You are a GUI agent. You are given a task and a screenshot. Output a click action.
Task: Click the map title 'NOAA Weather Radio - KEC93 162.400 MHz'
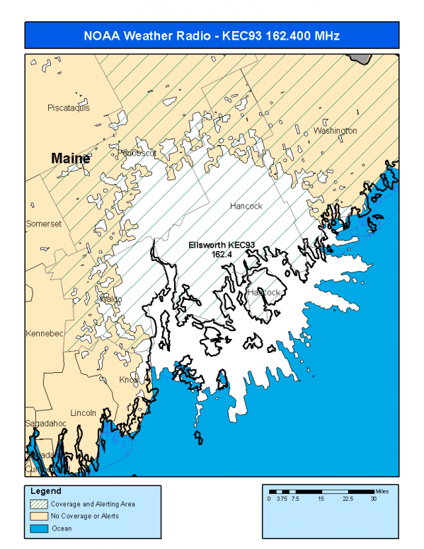212,35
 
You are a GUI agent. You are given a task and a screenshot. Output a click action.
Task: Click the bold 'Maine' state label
71,158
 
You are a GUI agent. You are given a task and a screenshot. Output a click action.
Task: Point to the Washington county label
335,131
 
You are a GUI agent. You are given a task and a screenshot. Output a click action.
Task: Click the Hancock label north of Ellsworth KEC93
246,206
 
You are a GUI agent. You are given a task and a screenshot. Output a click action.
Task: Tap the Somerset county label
44,224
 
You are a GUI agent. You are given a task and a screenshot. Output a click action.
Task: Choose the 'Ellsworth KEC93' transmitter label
221,245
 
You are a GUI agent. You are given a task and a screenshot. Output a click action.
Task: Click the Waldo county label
109,299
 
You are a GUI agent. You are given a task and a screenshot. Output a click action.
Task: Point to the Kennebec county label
44,333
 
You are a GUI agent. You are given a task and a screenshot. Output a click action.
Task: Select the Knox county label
129,380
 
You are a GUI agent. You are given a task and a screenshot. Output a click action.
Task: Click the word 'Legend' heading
46,491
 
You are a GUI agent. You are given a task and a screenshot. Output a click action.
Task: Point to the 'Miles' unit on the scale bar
382,490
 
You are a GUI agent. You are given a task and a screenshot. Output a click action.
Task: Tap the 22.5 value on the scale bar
348,499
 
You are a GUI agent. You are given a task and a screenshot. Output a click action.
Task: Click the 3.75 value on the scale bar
282,499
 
